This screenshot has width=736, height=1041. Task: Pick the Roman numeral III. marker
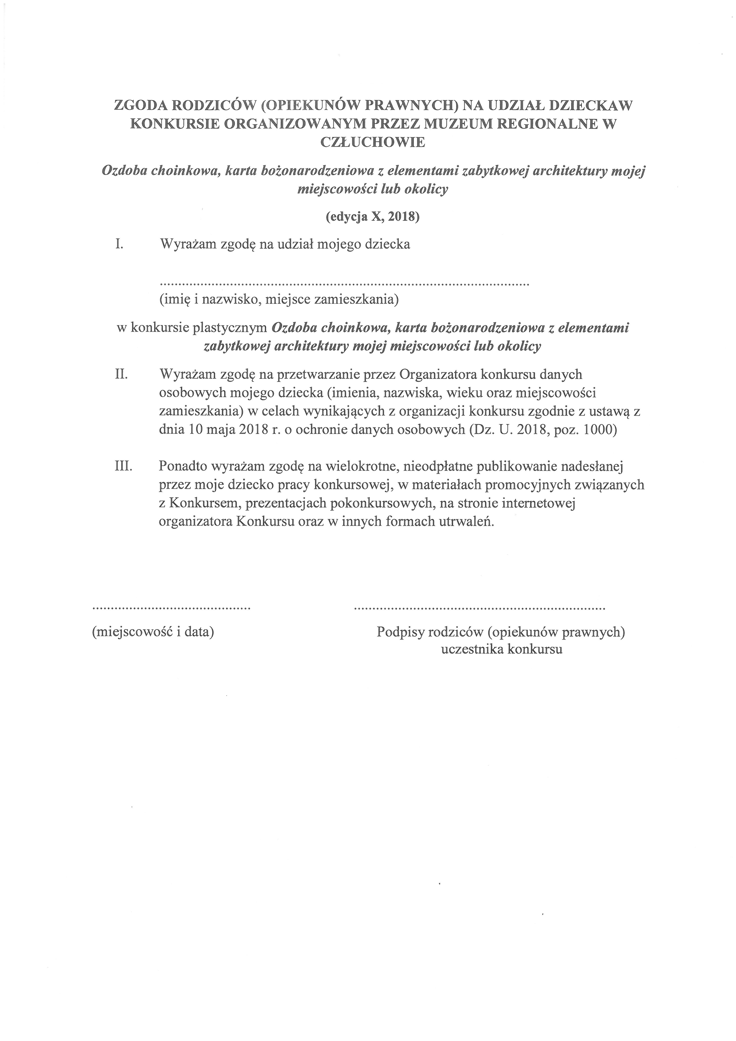[x=123, y=466]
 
